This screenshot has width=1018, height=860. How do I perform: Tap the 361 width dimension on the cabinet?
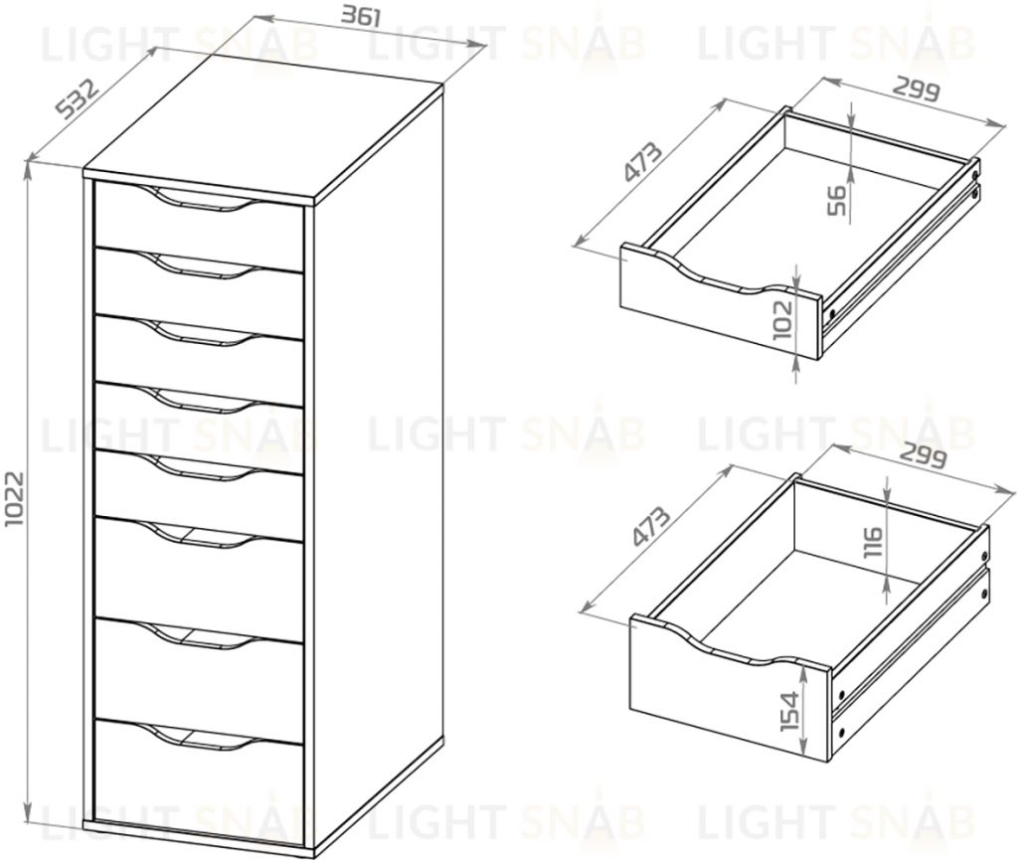tap(364, 16)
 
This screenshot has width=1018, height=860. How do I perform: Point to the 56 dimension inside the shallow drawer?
tap(837, 199)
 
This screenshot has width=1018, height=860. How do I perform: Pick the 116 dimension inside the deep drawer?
tap(873, 544)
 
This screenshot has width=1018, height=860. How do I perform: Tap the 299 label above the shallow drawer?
tap(915, 91)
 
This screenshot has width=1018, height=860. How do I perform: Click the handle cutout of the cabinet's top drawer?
tap(199, 199)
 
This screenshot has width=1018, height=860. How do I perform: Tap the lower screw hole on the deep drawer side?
tap(843, 733)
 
